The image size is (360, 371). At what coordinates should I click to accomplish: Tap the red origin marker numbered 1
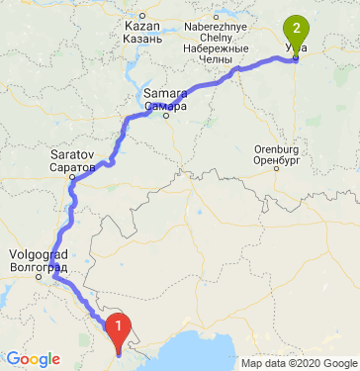click(118, 325)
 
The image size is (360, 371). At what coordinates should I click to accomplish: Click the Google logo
click(32, 359)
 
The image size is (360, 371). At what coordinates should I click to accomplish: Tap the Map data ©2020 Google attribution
click(300, 363)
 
